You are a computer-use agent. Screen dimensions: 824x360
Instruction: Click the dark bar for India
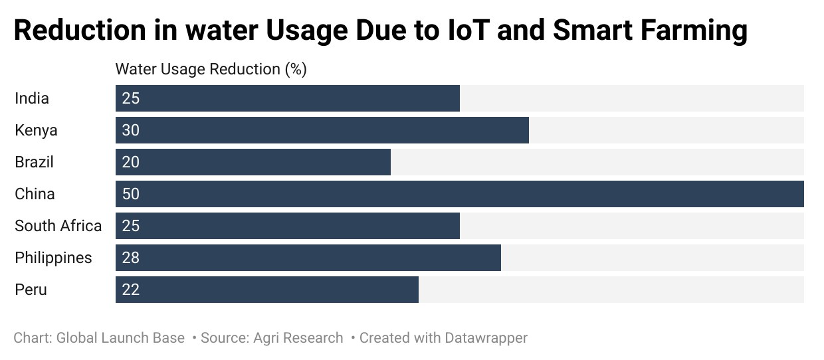(x=288, y=98)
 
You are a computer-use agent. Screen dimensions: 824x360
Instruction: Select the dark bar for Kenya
(x=322, y=130)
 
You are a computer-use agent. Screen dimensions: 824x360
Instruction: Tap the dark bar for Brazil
(x=253, y=162)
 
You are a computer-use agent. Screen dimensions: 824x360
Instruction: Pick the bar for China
(x=460, y=194)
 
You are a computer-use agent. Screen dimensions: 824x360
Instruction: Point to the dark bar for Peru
(x=267, y=290)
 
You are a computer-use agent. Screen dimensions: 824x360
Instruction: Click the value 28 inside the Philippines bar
(x=131, y=258)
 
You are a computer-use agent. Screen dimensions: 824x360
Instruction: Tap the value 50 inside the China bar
(x=131, y=194)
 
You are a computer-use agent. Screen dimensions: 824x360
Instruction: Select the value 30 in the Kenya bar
(x=131, y=130)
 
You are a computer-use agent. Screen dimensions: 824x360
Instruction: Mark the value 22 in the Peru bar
(x=131, y=290)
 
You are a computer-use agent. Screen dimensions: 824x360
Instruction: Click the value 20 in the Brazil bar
(x=131, y=162)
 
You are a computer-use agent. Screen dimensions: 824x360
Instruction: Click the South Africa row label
(x=58, y=226)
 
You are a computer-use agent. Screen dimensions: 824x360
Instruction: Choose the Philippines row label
(x=53, y=258)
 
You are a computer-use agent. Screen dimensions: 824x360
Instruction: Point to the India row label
(x=32, y=98)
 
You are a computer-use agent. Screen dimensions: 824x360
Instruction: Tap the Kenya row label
(x=36, y=131)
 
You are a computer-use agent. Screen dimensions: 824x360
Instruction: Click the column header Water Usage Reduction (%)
(x=211, y=69)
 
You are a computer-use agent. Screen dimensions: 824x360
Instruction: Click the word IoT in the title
(x=469, y=30)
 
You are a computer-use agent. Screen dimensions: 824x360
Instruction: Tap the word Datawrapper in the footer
(x=486, y=338)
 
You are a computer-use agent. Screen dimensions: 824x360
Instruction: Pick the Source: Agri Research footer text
(x=272, y=338)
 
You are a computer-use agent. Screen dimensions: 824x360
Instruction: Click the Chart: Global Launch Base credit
(x=99, y=338)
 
